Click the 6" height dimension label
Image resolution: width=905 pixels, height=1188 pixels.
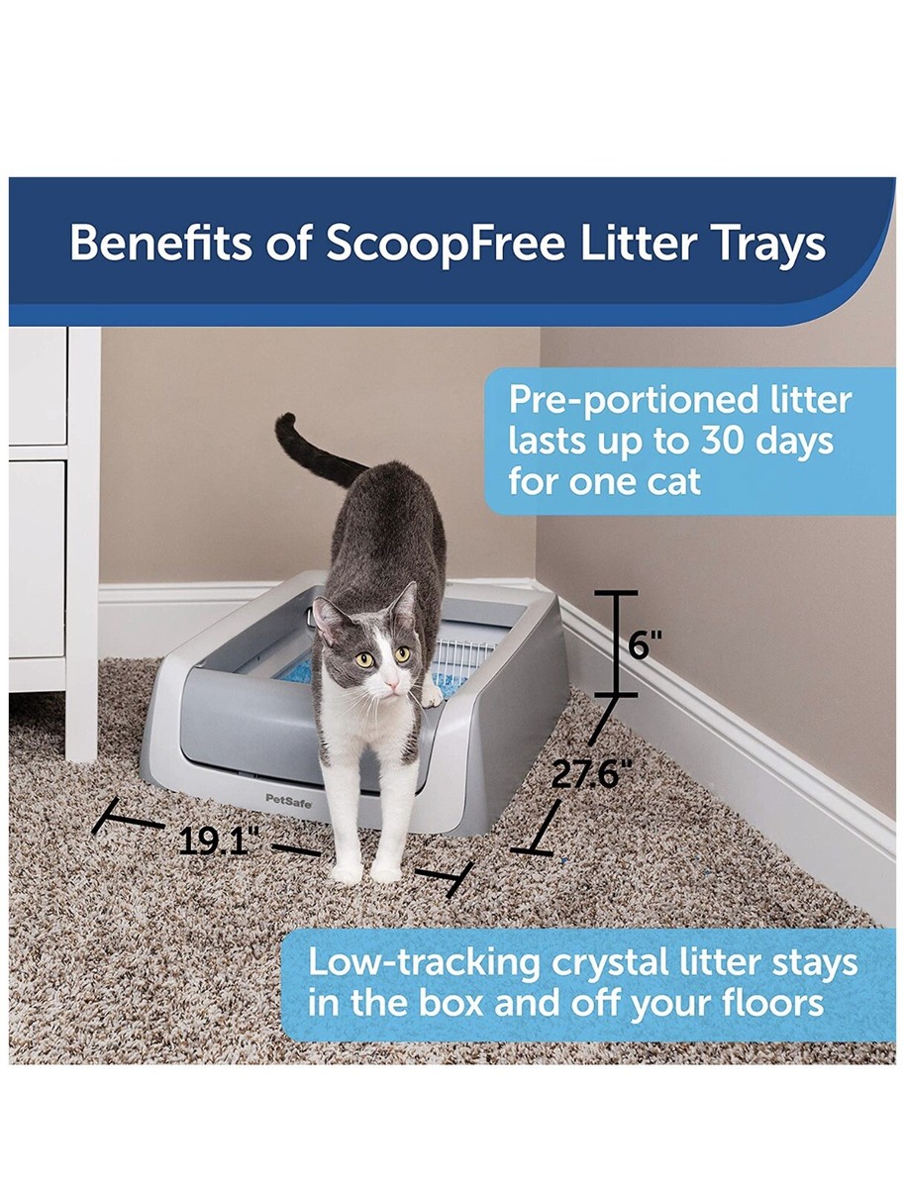646,645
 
